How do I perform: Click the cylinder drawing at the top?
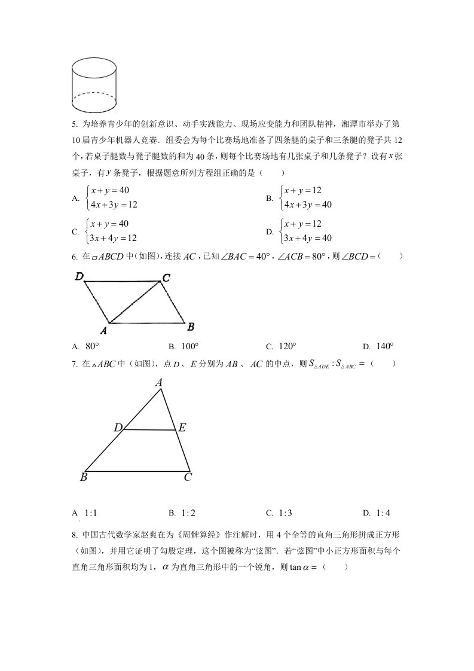94,86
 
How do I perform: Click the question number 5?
74,124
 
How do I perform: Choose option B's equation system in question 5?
306,197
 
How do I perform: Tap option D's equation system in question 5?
306,231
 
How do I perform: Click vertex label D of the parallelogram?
79,276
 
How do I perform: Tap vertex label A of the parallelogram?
103,330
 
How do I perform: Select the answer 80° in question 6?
92,346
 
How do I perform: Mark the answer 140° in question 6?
385,346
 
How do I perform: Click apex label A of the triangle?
159,383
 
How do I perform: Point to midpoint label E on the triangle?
182,428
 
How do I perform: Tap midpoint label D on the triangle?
118,428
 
